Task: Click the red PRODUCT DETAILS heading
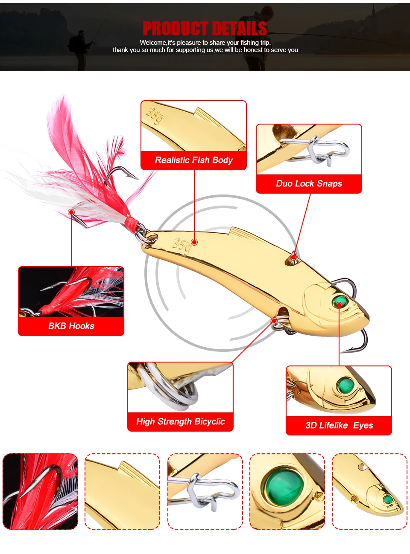205,29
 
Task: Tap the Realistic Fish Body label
193,160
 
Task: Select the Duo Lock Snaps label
309,184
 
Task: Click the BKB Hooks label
71,326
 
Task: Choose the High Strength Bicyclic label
180,422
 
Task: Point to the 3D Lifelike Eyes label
339,426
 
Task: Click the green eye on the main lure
340,302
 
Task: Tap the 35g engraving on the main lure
181,246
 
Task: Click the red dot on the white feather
72,212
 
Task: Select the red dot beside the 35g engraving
194,242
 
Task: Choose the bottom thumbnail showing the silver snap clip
205,491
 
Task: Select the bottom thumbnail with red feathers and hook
40,491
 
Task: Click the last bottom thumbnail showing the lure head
369,491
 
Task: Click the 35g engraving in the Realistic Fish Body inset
154,116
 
